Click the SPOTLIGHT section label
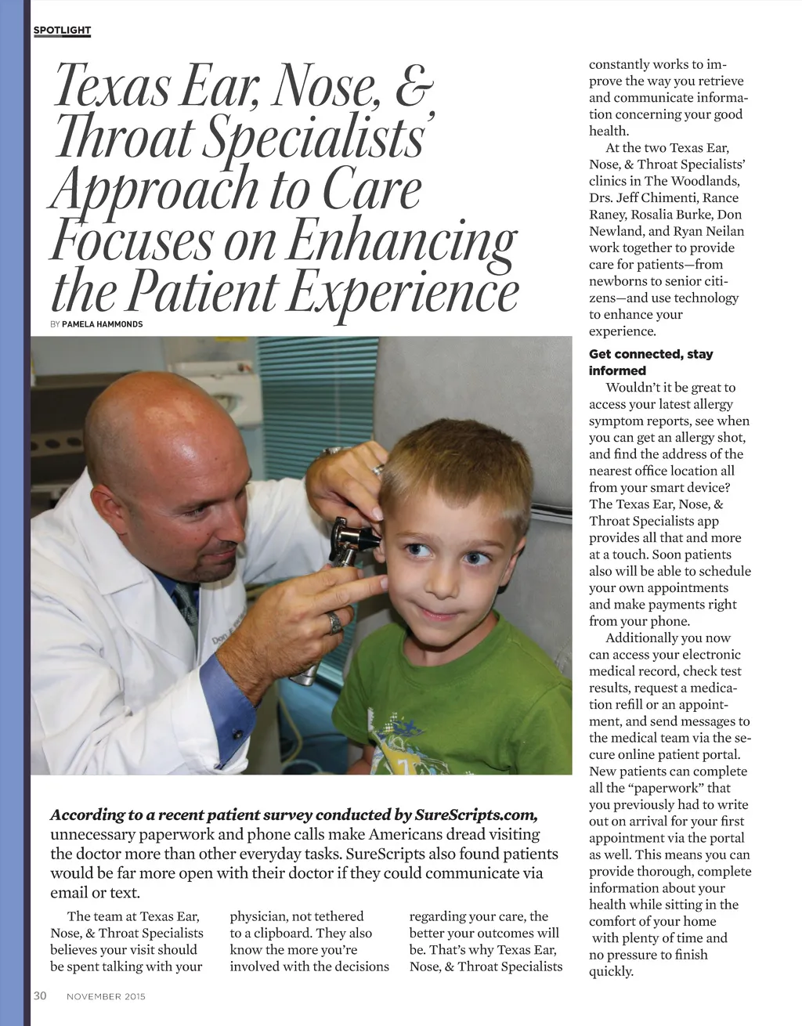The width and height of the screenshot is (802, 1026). [62, 31]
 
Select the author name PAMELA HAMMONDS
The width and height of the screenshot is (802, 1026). [103, 324]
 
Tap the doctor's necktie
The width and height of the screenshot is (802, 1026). [186, 603]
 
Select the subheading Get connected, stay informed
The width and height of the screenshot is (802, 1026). [651, 363]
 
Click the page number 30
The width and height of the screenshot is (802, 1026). [40, 995]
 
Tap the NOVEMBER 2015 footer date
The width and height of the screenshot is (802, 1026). [106, 996]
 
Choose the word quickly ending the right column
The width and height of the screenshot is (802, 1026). [611, 972]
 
